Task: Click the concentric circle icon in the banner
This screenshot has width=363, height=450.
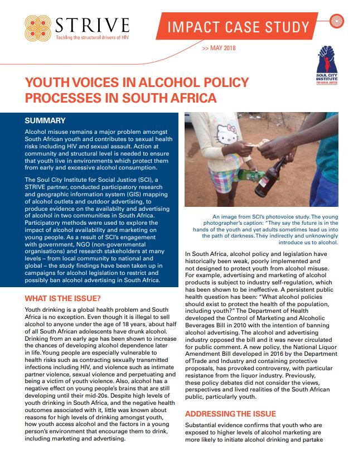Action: tap(336, 22)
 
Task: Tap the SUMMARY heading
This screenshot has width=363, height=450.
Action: tap(45, 120)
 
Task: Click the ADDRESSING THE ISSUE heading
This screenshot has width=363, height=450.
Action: tap(230, 414)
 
